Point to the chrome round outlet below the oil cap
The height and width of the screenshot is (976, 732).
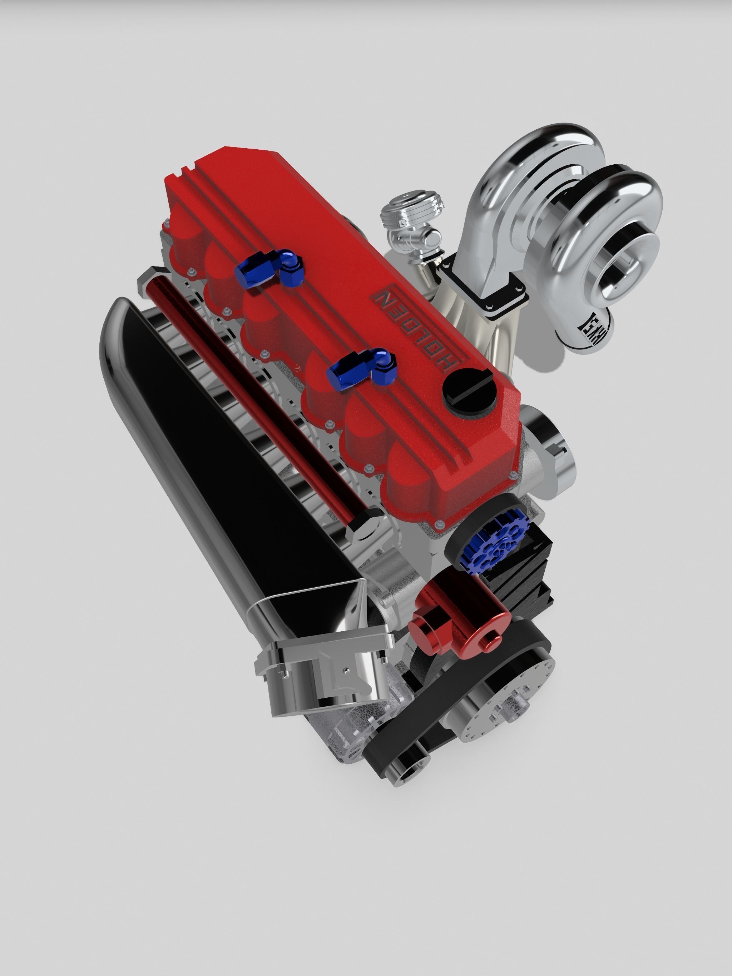click(x=552, y=450)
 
